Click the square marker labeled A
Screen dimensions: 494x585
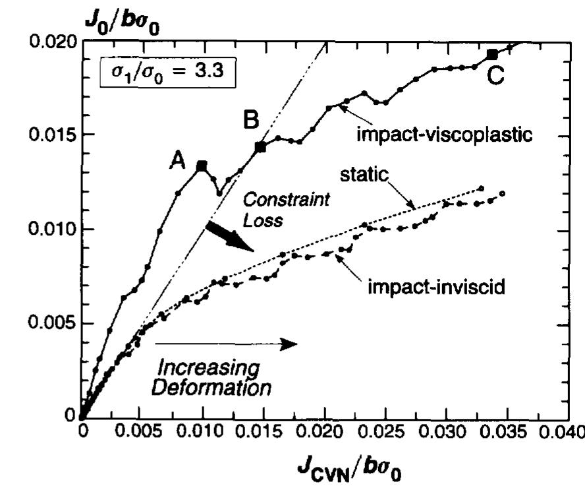tap(202, 165)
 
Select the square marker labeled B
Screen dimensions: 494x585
tap(260, 147)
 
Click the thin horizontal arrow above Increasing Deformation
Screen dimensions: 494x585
tap(223, 343)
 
